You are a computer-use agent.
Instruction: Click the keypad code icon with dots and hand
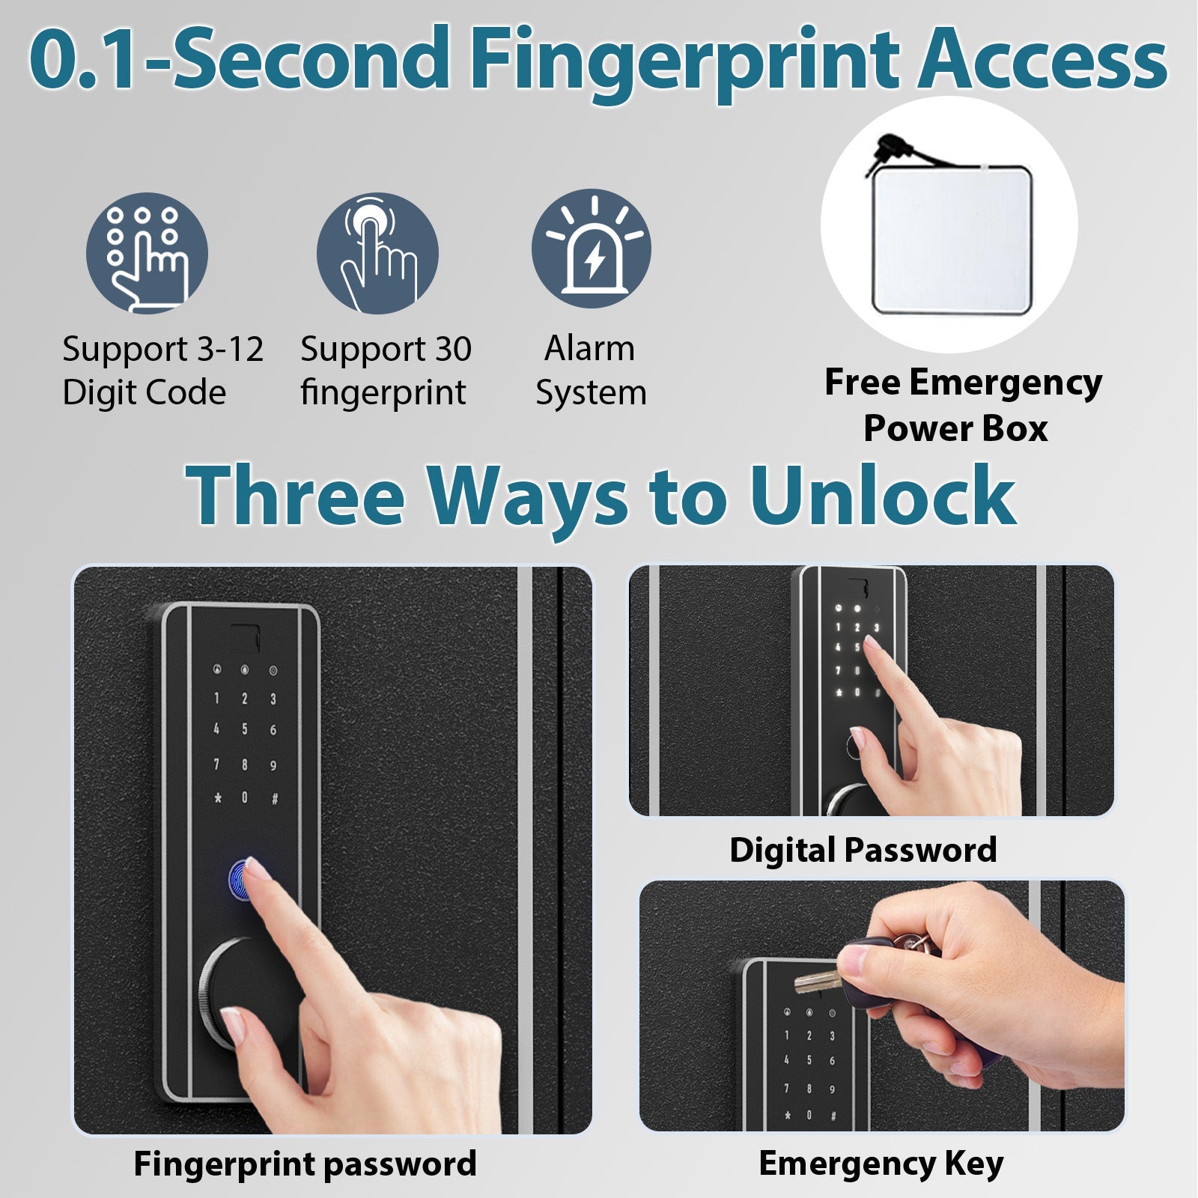coord(147,252)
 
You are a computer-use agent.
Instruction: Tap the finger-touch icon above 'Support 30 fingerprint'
coord(377,252)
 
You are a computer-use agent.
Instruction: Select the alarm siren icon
coord(592,249)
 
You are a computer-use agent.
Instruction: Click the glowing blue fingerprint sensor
coord(239,878)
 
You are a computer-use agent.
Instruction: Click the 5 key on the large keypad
coord(244,729)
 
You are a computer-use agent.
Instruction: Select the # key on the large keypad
coord(274,798)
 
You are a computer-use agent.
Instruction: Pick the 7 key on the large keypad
coord(216,764)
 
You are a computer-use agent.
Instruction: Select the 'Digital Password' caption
coord(863,851)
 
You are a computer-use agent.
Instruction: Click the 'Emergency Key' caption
coord(881,1164)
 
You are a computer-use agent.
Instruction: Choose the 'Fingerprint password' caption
coord(305,1164)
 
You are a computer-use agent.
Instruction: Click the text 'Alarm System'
coord(590,371)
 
